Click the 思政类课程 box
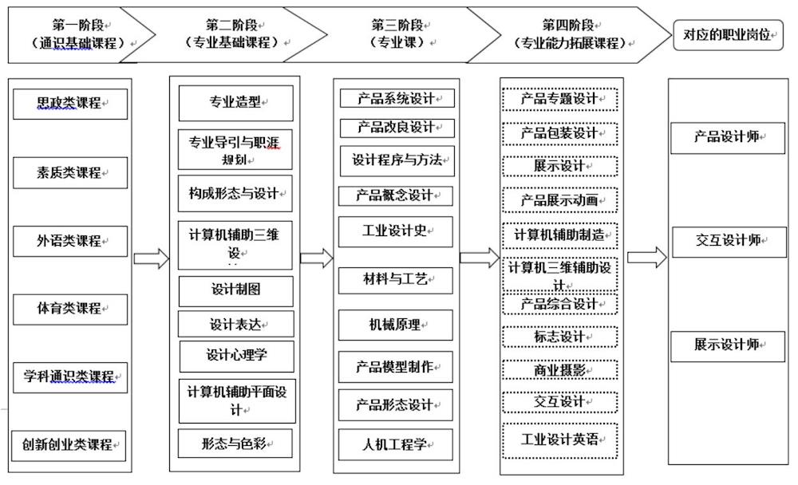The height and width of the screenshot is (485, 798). click(x=70, y=104)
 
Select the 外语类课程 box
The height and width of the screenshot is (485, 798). click(x=70, y=241)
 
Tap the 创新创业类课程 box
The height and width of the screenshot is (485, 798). click(x=70, y=444)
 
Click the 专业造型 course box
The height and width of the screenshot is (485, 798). click(x=235, y=102)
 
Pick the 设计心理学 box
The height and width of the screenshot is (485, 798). click(x=236, y=355)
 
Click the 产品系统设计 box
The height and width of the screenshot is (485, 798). click(x=397, y=99)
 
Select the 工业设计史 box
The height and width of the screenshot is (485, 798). click(x=396, y=231)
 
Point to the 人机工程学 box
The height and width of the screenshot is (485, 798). click(x=396, y=444)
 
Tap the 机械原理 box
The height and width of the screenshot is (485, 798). click(x=396, y=325)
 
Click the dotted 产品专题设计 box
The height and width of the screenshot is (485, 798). click(x=560, y=99)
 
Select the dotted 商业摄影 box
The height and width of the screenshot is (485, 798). click(x=560, y=369)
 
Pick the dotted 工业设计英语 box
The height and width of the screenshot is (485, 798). click(x=560, y=440)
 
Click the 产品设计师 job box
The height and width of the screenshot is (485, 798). click(x=729, y=137)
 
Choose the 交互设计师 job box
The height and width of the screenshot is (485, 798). click(x=729, y=241)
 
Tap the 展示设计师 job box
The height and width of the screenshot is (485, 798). click(x=729, y=345)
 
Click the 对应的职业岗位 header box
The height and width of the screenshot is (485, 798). click(x=729, y=35)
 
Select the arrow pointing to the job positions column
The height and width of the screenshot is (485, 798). click(x=646, y=257)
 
